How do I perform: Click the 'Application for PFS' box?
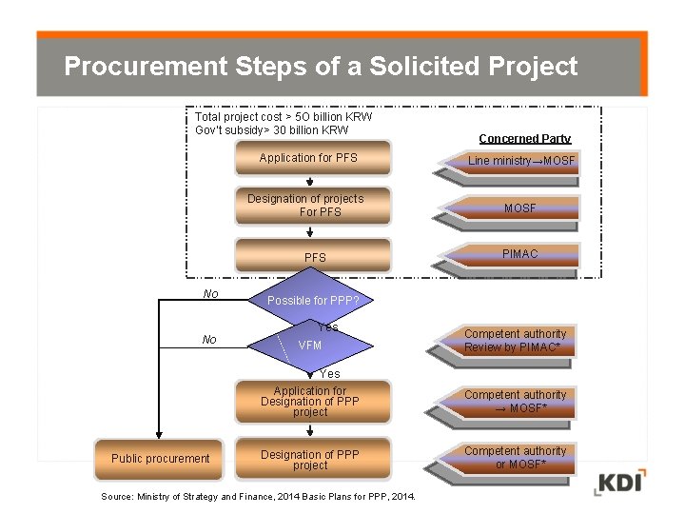312,159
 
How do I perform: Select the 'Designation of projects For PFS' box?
312,206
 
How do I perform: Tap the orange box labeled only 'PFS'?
314,257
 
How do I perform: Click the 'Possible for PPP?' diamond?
311,301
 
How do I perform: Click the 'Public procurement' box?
159,459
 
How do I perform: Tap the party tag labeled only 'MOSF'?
519,208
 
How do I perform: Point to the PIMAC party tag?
519,254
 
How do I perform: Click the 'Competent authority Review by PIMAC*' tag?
515,341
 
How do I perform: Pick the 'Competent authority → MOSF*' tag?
515,402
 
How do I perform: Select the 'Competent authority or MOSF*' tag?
515,458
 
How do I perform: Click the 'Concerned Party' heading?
524,139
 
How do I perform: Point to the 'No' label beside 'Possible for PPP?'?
210,294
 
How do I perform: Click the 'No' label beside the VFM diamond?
209,340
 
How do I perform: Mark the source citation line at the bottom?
258,497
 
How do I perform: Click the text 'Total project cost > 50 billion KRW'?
283,117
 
